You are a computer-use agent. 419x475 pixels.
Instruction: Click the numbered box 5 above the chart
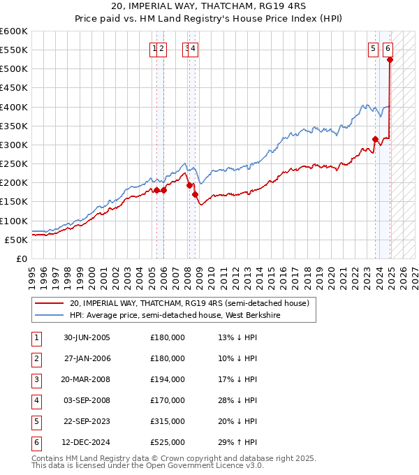click(374, 49)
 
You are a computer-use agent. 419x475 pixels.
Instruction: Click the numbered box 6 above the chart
click(388, 49)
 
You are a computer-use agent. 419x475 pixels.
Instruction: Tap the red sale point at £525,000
click(390, 60)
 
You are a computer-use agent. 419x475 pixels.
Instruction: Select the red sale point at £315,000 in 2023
click(375, 139)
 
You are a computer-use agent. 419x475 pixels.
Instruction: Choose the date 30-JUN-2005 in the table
click(87, 337)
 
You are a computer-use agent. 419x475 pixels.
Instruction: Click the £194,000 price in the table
click(168, 379)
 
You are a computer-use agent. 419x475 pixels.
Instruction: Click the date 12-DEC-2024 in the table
click(87, 442)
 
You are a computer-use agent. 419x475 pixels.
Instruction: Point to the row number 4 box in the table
click(35, 400)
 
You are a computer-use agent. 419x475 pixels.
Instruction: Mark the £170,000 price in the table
click(168, 400)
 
